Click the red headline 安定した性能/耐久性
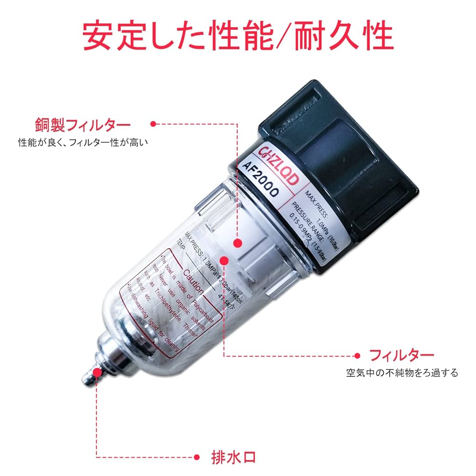point(238,36)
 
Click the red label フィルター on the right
point(402,355)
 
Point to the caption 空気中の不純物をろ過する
point(402,372)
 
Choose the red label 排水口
point(233,457)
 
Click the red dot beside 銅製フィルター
point(153,124)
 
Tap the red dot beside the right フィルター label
point(358,355)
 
